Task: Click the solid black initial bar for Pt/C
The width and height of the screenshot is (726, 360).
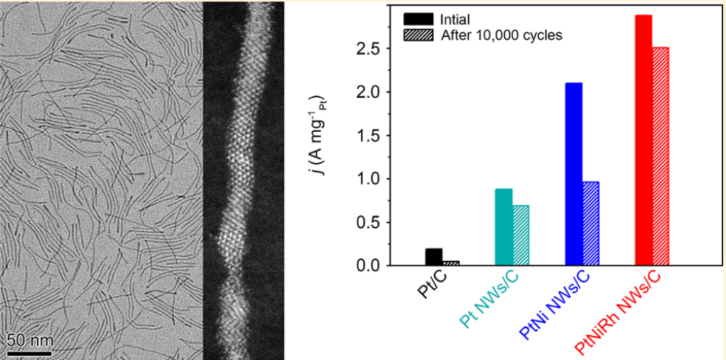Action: point(433,257)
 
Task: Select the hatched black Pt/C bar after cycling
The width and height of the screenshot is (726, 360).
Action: point(451,263)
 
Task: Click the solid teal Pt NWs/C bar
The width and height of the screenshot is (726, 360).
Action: point(503,227)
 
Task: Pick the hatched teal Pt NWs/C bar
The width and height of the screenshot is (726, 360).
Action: point(520,235)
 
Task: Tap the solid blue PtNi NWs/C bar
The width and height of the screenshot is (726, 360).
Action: point(574,174)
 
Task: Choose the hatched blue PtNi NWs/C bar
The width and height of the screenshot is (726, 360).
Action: point(591,223)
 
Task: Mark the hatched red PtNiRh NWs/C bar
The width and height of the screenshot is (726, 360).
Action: point(661,156)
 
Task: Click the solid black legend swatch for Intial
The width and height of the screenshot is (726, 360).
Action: point(417,18)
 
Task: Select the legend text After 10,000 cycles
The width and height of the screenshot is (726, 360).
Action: point(501,35)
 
